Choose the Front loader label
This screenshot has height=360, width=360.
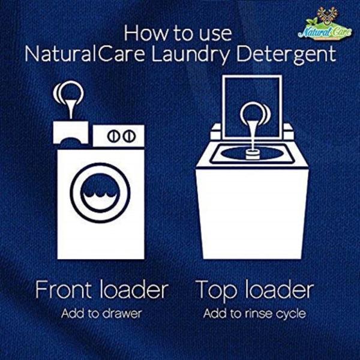click(x=101, y=290)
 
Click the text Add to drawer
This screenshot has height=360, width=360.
click(x=101, y=313)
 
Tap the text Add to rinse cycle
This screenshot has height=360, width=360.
click(x=254, y=313)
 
